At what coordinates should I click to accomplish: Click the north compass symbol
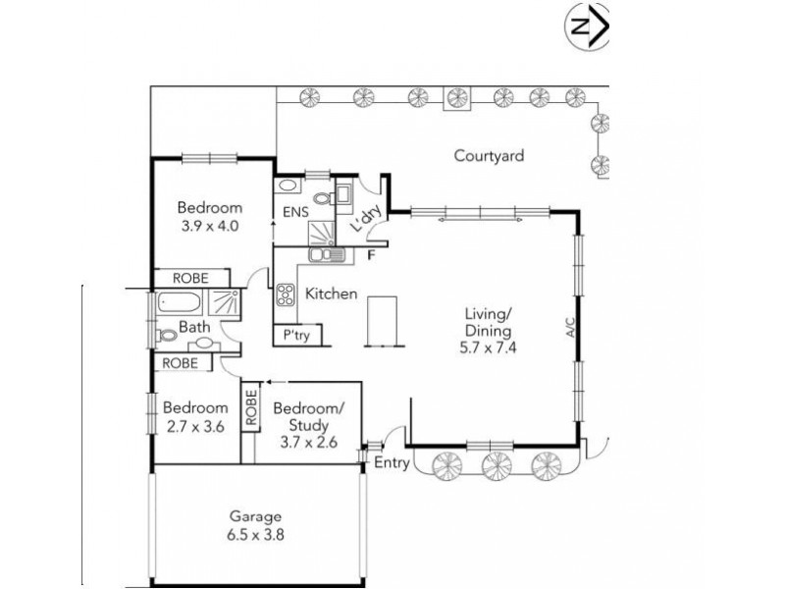point(588,27)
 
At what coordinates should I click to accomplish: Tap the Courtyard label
point(488,155)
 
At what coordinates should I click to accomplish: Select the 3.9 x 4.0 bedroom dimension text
point(209,225)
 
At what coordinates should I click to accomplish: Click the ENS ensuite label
point(295,212)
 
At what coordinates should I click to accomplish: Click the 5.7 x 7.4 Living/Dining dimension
point(487,348)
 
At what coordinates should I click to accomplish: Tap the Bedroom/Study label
point(308,416)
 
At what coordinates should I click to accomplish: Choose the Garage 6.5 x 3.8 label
point(257,527)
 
